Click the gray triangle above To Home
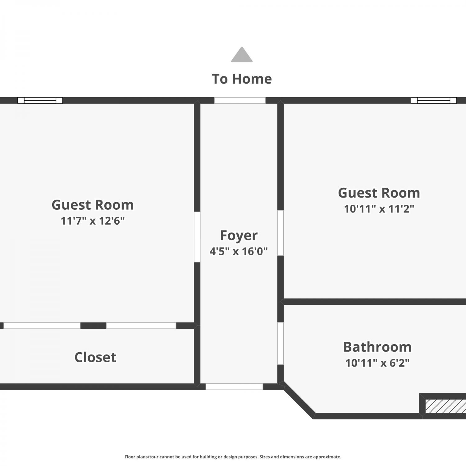(x=242, y=55)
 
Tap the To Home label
(x=242, y=79)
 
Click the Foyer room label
(x=239, y=235)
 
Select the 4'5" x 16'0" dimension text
(x=239, y=251)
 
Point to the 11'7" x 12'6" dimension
(x=93, y=221)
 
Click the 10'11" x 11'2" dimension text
(x=379, y=209)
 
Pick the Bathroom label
(x=377, y=347)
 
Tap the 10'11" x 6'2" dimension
(x=377, y=363)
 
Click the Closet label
(x=95, y=357)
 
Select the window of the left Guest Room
(x=40, y=100)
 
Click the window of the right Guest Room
(x=434, y=100)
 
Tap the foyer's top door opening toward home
(x=240, y=100)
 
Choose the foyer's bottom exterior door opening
(x=234, y=387)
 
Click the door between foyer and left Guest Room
(x=197, y=237)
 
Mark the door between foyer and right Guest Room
(x=281, y=233)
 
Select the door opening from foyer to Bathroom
(x=281, y=343)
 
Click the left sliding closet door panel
(x=42, y=326)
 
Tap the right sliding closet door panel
(x=141, y=326)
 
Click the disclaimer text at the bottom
(x=233, y=457)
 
